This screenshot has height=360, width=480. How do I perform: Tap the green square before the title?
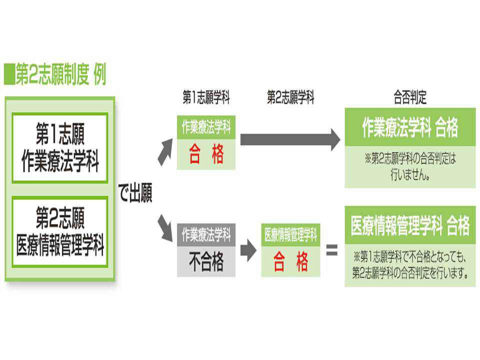click(x=8, y=75)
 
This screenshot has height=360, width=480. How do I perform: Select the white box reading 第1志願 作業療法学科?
click(x=60, y=147)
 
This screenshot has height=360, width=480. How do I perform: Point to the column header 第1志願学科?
click(x=206, y=98)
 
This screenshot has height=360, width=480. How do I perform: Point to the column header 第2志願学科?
click(x=290, y=98)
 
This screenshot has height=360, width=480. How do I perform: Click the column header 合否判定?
click(x=410, y=98)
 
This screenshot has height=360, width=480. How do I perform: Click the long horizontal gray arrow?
click(x=290, y=139)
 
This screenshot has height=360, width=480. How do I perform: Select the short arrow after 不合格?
click(x=248, y=250)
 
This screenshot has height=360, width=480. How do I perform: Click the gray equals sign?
click(x=331, y=250)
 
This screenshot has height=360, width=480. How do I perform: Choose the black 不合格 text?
click(x=206, y=261)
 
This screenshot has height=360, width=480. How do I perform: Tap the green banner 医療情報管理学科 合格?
click(x=410, y=226)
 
